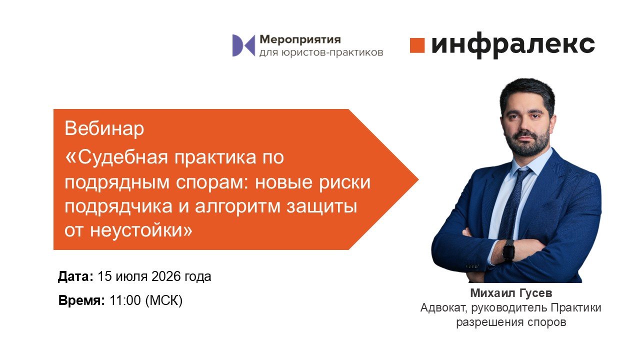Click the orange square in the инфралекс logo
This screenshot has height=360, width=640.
pyautogui.click(x=417, y=45)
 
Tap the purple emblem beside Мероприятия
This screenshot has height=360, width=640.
pyautogui.click(x=243, y=45)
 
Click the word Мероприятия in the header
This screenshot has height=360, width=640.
pyautogui.click(x=300, y=39)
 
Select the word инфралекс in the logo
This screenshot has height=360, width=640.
pyautogui.click(x=513, y=45)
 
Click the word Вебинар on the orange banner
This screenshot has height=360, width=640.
pyautogui.click(x=104, y=128)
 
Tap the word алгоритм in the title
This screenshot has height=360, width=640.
pyautogui.click(x=237, y=206)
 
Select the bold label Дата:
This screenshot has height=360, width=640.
pyautogui.click(x=75, y=276)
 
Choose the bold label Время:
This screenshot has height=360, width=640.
pyautogui.click(x=81, y=300)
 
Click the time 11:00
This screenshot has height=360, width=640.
pyautogui.click(x=125, y=300)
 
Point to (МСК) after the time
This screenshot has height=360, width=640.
pyautogui.click(x=164, y=301)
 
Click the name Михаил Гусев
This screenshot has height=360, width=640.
pyautogui.click(x=511, y=293)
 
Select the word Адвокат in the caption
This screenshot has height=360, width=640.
pyautogui.click(x=443, y=308)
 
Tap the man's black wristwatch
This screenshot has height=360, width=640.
pyautogui.click(x=508, y=250)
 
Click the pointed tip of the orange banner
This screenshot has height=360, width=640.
pyautogui.click(x=418, y=179)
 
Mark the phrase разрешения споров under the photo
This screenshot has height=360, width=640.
pyautogui.click(x=511, y=322)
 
